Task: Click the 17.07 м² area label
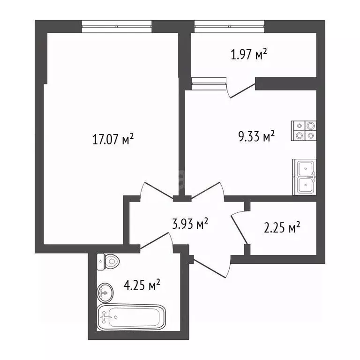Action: pos(112,139)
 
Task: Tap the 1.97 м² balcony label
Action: pos(249,54)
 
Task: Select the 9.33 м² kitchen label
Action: pos(257,136)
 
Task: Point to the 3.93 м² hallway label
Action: pos(190,224)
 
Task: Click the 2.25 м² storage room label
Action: pos(282,227)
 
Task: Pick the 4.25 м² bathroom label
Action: pos(142,285)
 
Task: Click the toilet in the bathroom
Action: pos(108,262)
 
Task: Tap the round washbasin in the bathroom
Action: pos(105,292)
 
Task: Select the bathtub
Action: pos(131,317)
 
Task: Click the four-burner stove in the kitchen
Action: pos(304,131)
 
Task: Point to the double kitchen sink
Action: pos(304,177)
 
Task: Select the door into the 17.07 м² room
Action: pos(157,190)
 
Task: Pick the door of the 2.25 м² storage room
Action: pos(239,227)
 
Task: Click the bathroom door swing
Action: pos(157,240)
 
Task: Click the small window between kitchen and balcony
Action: pos(209,83)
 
